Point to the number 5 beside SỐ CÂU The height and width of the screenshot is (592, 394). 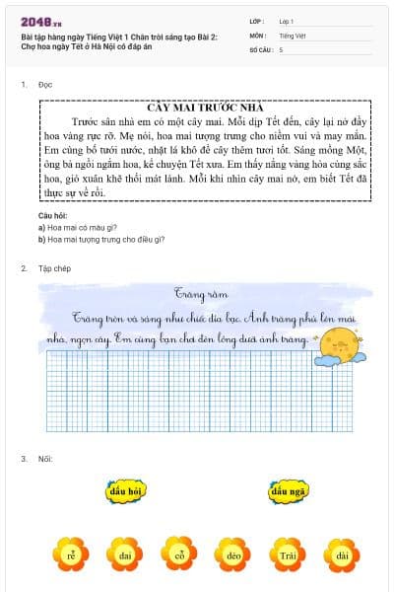point(281,48)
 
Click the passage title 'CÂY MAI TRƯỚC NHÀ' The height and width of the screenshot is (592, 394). point(204,107)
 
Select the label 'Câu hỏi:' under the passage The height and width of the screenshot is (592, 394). point(53,214)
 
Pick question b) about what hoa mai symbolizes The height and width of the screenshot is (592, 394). point(100,239)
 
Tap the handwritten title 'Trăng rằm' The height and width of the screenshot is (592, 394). point(194,294)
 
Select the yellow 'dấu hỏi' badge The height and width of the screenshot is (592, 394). point(127,490)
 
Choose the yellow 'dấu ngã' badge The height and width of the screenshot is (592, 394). point(290,490)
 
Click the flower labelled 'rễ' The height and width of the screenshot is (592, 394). point(71,555)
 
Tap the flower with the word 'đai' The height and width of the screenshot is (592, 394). point(125,555)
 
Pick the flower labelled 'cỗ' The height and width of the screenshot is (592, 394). point(179,555)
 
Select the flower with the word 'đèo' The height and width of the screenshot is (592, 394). point(232,555)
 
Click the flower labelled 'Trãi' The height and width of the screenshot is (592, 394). point(287,555)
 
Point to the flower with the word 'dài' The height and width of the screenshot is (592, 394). point(341,555)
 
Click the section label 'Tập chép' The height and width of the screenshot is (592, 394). point(54,268)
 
